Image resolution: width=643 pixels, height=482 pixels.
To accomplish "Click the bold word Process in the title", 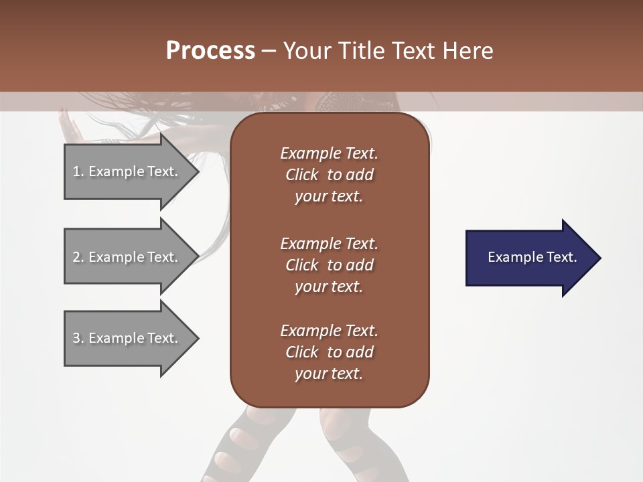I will click(210, 51).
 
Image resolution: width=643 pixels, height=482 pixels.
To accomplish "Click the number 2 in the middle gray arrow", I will click(76, 257).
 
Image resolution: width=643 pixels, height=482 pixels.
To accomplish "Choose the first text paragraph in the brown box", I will click(329, 175).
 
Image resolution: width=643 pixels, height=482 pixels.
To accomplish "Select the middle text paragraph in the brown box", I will click(329, 265).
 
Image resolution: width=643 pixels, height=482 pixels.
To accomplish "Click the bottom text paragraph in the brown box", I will click(329, 352).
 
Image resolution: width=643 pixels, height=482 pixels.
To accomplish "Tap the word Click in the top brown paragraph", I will click(301, 175).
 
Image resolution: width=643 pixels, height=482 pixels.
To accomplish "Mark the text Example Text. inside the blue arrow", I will click(532, 257).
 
